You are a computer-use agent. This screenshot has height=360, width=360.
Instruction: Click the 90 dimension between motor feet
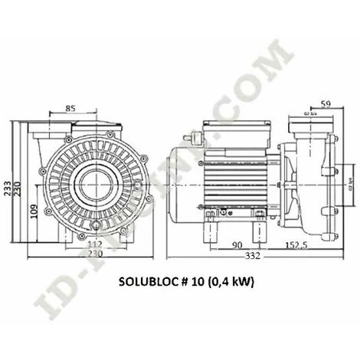point(239,246)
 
